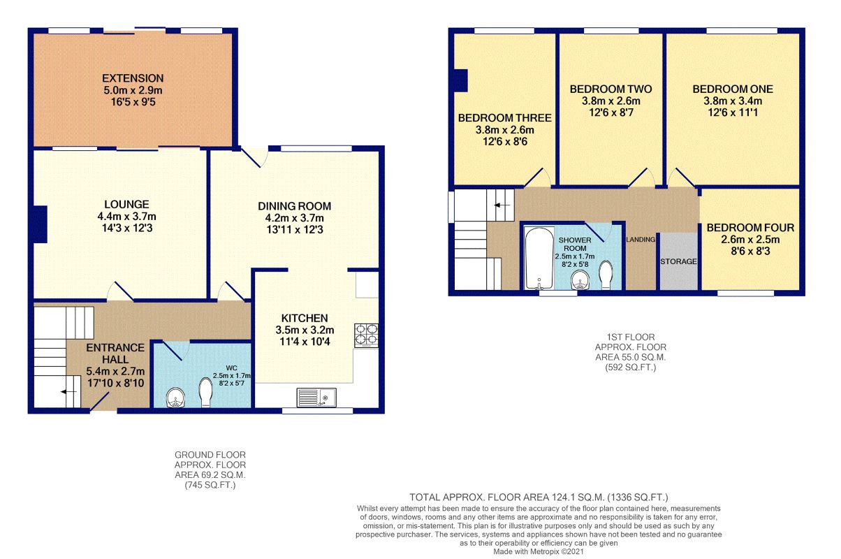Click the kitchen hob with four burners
click(x=366, y=335)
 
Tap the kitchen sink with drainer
click(x=316, y=398)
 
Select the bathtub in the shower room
click(x=539, y=258)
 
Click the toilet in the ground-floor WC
click(x=206, y=392)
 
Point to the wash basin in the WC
click(x=176, y=398)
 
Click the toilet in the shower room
click(x=606, y=275)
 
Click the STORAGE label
click(x=678, y=261)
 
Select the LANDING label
click(x=641, y=239)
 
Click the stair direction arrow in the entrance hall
click(x=68, y=392)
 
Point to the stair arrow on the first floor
click(x=502, y=205)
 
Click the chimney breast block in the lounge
click(x=40, y=224)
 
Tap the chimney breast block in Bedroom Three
click(x=461, y=80)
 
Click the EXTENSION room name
click(x=133, y=78)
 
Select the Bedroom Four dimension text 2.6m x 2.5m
click(x=750, y=239)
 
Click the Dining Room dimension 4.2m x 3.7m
click(x=294, y=218)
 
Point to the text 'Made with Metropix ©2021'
click(x=539, y=551)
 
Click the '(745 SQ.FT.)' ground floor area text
click(x=210, y=485)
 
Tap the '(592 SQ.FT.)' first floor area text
click(x=630, y=368)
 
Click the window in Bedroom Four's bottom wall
click(x=745, y=293)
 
